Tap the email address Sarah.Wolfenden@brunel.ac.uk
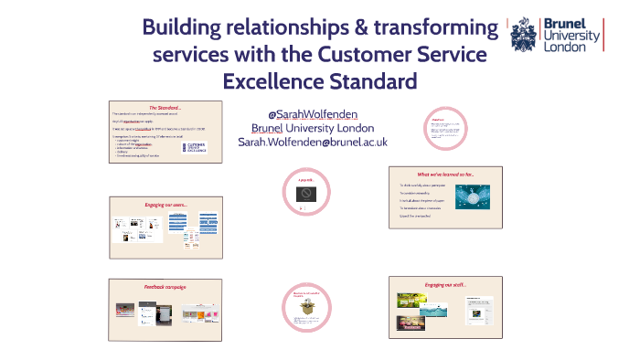[x=313, y=142]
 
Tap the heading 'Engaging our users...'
[x=165, y=205]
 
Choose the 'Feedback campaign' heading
[x=165, y=287]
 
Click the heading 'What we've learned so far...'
[x=445, y=174]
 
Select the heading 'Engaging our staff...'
[x=445, y=285]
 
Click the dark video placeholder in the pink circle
[x=306, y=196]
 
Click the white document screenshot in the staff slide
[x=478, y=311]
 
